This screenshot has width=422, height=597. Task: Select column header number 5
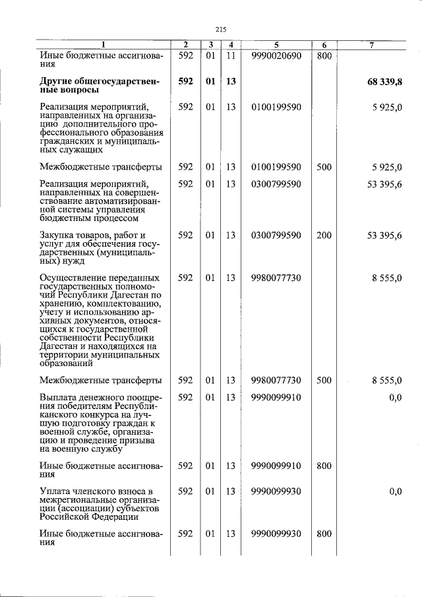tap(276, 45)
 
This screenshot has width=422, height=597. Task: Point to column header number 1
tap(102, 45)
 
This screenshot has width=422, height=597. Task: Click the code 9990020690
tap(276, 56)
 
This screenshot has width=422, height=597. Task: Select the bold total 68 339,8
tap(384, 81)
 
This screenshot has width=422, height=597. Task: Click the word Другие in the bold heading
tap(57, 81)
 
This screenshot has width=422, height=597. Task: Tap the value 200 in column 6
tap(323, 235)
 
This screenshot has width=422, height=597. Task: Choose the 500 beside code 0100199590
tap(323, 167)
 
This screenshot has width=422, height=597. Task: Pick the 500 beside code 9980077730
tap(323, 380)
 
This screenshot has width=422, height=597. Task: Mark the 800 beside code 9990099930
tap(323, 534)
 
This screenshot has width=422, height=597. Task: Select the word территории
tap(66, 354)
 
